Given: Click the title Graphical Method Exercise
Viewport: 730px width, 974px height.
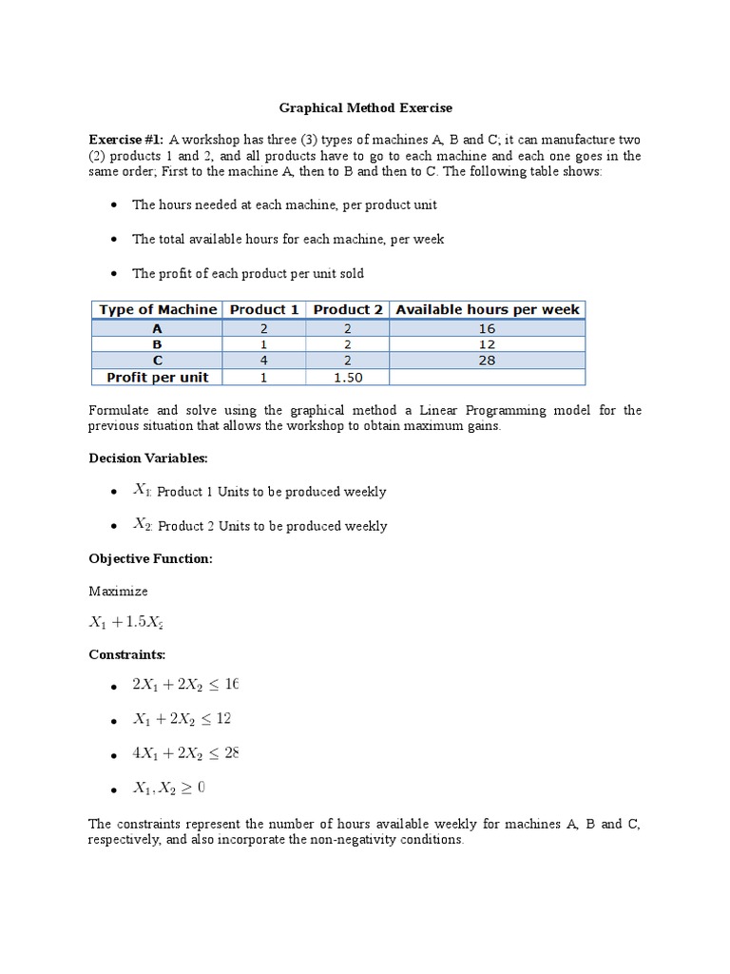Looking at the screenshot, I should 365,108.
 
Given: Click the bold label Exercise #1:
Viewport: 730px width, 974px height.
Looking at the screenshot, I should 127,138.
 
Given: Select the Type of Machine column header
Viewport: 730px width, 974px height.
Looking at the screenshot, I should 157,310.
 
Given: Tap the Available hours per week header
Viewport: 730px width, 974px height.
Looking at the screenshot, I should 487,310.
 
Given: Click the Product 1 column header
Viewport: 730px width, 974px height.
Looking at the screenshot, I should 263,310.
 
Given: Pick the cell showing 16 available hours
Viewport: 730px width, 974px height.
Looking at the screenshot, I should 487,328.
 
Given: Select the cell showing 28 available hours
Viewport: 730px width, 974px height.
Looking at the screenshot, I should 487,360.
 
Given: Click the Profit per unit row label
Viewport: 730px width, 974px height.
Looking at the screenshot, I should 157,377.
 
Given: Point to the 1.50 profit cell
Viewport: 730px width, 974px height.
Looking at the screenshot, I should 347,377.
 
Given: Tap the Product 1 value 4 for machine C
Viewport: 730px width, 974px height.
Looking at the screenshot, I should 263,360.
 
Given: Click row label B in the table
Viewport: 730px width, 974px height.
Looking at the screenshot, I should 157,344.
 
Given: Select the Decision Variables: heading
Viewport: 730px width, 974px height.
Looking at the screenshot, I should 147,458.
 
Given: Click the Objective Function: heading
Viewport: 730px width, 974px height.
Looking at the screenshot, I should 150,559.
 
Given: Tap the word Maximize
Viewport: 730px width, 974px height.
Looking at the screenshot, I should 118,591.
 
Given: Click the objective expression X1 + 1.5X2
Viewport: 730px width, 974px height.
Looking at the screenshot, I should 134,623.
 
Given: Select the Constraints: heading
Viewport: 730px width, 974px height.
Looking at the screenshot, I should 126,655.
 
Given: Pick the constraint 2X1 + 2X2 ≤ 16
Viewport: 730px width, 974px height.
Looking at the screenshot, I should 186,686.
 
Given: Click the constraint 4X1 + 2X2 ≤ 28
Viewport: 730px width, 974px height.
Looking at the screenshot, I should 186,753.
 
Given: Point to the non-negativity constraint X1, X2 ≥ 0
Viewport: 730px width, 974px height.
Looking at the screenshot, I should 169,788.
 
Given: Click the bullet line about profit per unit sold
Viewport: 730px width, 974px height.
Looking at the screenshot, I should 247,274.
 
